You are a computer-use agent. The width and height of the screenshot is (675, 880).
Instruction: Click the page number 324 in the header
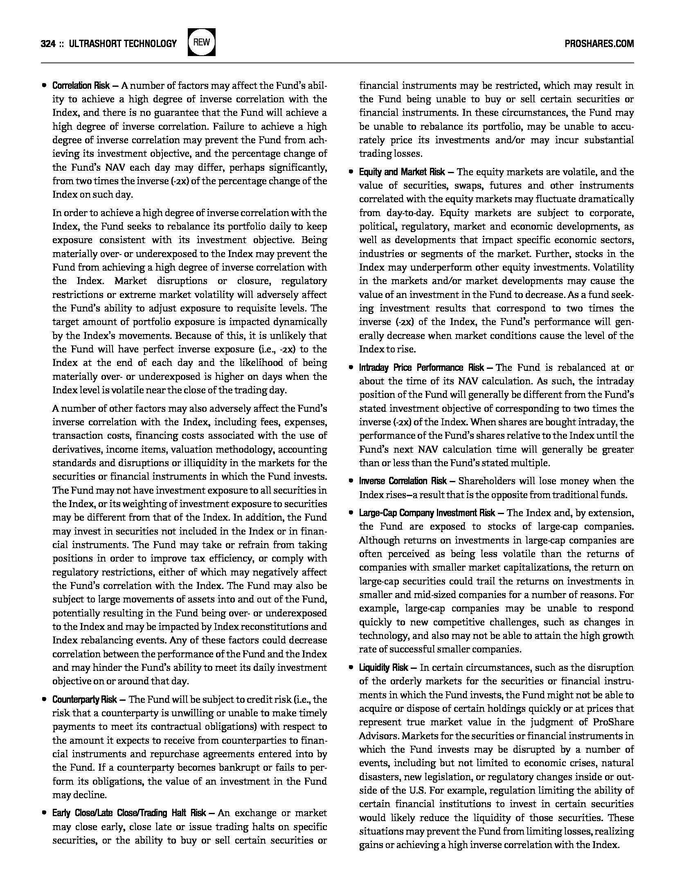tap(48, 43)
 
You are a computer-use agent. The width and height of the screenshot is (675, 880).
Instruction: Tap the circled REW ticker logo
tap(201, 42)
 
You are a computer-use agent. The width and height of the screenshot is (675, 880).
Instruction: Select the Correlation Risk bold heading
tap(81, 86)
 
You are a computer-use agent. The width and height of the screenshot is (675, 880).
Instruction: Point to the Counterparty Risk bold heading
tap(85, 699)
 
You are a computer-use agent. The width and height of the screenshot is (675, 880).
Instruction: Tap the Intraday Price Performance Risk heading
tap(422, 368)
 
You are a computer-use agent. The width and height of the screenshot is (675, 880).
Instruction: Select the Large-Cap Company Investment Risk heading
tap(427, 513)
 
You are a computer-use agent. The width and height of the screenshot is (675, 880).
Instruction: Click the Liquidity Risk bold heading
tap(383, 668)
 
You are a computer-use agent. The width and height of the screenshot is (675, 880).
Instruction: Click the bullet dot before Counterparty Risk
tap(44, 699)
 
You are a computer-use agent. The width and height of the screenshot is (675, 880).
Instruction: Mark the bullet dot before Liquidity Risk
tap(351, 668)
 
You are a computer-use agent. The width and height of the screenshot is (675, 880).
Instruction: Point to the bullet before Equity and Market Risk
tap(351, 172)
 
